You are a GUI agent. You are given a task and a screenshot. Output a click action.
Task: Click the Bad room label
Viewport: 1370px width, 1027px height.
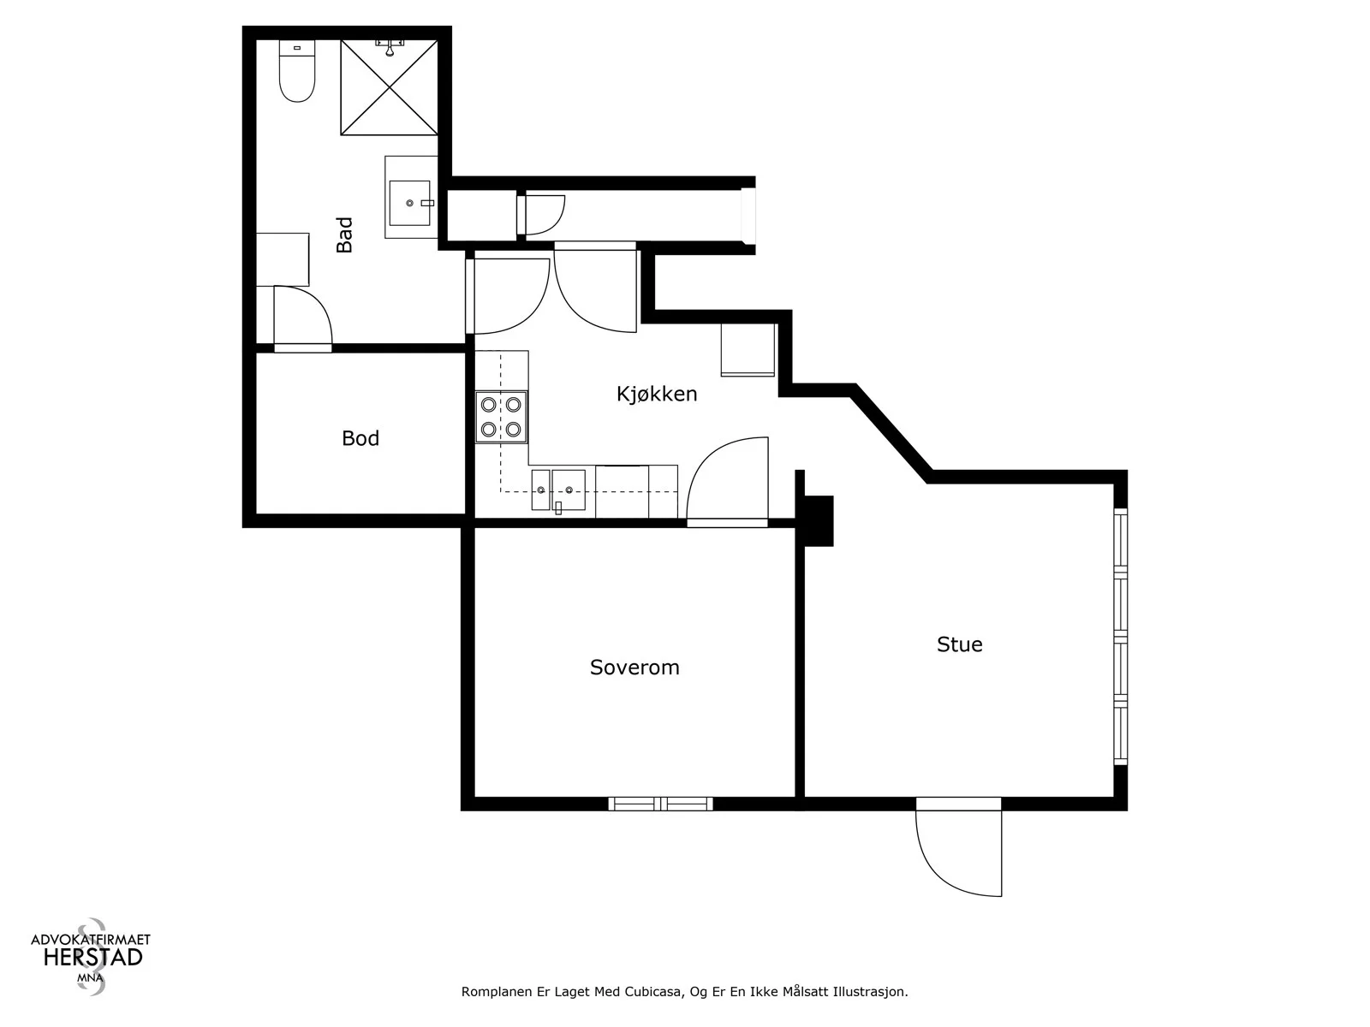coord(344,234)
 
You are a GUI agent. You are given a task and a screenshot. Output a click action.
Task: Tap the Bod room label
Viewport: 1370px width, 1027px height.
coord(360,438)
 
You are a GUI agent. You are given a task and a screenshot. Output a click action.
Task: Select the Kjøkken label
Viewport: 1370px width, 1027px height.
coord(657,394)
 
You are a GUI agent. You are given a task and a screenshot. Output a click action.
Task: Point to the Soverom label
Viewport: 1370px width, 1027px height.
coord(634,668)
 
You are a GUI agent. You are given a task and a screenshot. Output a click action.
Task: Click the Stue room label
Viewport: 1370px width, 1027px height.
coord(959,644)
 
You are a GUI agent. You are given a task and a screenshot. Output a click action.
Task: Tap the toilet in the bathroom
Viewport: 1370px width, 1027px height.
coord(297,71)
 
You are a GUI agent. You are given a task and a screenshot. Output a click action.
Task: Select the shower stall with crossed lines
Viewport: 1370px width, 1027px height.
coord(389,87)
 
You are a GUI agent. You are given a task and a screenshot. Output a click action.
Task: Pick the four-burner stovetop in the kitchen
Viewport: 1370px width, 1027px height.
coord(501,417)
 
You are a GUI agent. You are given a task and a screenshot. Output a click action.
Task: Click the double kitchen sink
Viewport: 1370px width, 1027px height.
coord(558,490)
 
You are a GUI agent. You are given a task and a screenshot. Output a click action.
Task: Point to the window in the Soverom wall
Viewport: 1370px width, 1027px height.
coord(660,804)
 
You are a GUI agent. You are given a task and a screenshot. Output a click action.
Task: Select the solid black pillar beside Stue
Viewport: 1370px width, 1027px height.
coord(819,520)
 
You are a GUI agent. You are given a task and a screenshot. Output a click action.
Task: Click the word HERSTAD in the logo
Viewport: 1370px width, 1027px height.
coord(93,958)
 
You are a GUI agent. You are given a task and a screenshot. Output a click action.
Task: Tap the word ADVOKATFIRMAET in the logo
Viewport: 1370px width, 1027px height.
coord(91,939)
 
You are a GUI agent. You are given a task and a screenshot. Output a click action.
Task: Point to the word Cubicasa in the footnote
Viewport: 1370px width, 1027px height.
coord(653,991)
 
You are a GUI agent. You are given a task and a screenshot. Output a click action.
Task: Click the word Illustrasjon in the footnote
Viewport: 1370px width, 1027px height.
coord(871,991)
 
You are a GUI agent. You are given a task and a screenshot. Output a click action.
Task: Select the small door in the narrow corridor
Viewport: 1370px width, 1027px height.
coord(541,215)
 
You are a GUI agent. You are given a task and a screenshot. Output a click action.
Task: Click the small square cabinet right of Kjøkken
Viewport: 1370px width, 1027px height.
coord(748,350)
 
